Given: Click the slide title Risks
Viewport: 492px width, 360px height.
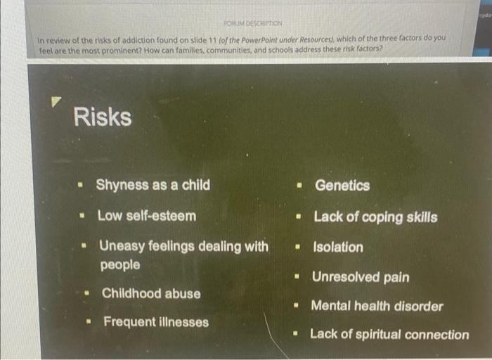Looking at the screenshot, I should click(102, 117).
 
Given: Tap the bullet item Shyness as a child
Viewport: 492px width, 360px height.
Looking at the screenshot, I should click(153, 185).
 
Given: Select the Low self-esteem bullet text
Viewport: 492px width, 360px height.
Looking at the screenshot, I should click(146, 215).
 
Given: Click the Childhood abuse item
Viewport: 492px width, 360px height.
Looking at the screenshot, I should click(151, 293).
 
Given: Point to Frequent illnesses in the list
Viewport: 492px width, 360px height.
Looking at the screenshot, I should click(156, 322).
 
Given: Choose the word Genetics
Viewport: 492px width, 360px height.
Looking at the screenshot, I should click(342, 186).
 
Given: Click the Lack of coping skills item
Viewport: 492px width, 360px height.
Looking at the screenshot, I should click(375, 217).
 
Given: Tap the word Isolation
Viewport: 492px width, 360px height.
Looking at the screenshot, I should click(338, 247).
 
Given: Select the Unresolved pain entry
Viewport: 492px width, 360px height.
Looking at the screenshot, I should click(361, 277).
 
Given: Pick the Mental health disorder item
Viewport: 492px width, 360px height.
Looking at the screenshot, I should click(377, 306).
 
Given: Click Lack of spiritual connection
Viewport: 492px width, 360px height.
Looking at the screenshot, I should click(389, 335).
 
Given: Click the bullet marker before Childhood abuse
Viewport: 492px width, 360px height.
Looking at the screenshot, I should click(88, 294).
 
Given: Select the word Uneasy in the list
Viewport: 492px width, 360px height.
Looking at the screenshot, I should click(121, 246).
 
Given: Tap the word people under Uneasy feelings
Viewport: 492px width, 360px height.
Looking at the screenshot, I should click(120, 265).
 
